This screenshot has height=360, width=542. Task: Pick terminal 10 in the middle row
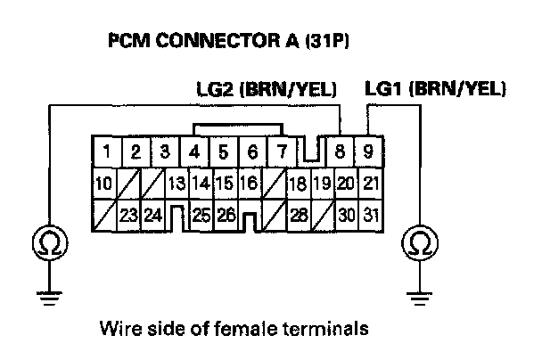click(103, 184)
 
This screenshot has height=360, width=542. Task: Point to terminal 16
click(248, 184)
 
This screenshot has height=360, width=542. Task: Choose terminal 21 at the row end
click(372, 184)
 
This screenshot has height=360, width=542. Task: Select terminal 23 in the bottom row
click(128, 215)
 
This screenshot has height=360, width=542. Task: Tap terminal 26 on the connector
click(225, 215)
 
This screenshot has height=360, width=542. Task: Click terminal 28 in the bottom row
click(298, 215)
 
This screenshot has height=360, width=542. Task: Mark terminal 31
click(372, 215)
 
